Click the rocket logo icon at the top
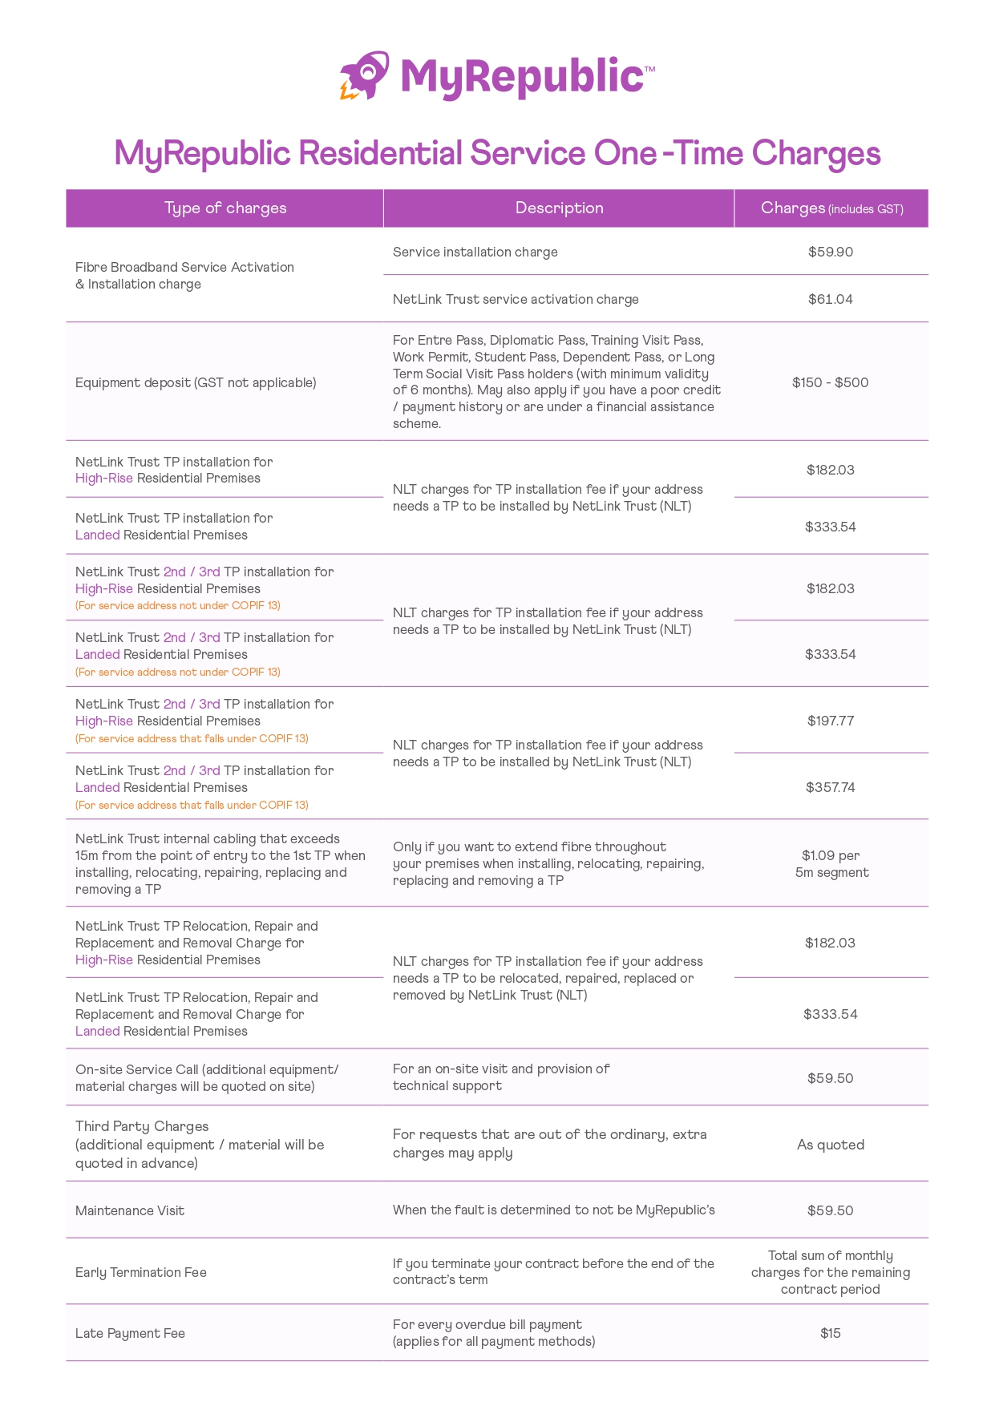point(365,76)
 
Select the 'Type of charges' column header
point(225,208)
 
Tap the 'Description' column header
point(559,208)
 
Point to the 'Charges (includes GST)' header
point(831,208)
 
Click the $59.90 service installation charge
point(831,252)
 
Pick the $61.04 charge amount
point(831,299)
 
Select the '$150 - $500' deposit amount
point(831,382)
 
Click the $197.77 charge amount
point(831,721)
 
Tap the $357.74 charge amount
point(831,787)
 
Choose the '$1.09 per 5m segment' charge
point(831,864)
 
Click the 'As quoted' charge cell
point(831,1145)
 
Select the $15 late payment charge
point(831,1333)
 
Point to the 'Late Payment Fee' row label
point(130,1333)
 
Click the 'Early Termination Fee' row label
point(141,1272)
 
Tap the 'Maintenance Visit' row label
point(130,1210)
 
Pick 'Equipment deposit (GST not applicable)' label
point(196,382)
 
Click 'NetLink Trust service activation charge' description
point(516,299)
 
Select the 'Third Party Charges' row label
point(143,1127)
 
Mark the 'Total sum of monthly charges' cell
point(831,1272)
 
